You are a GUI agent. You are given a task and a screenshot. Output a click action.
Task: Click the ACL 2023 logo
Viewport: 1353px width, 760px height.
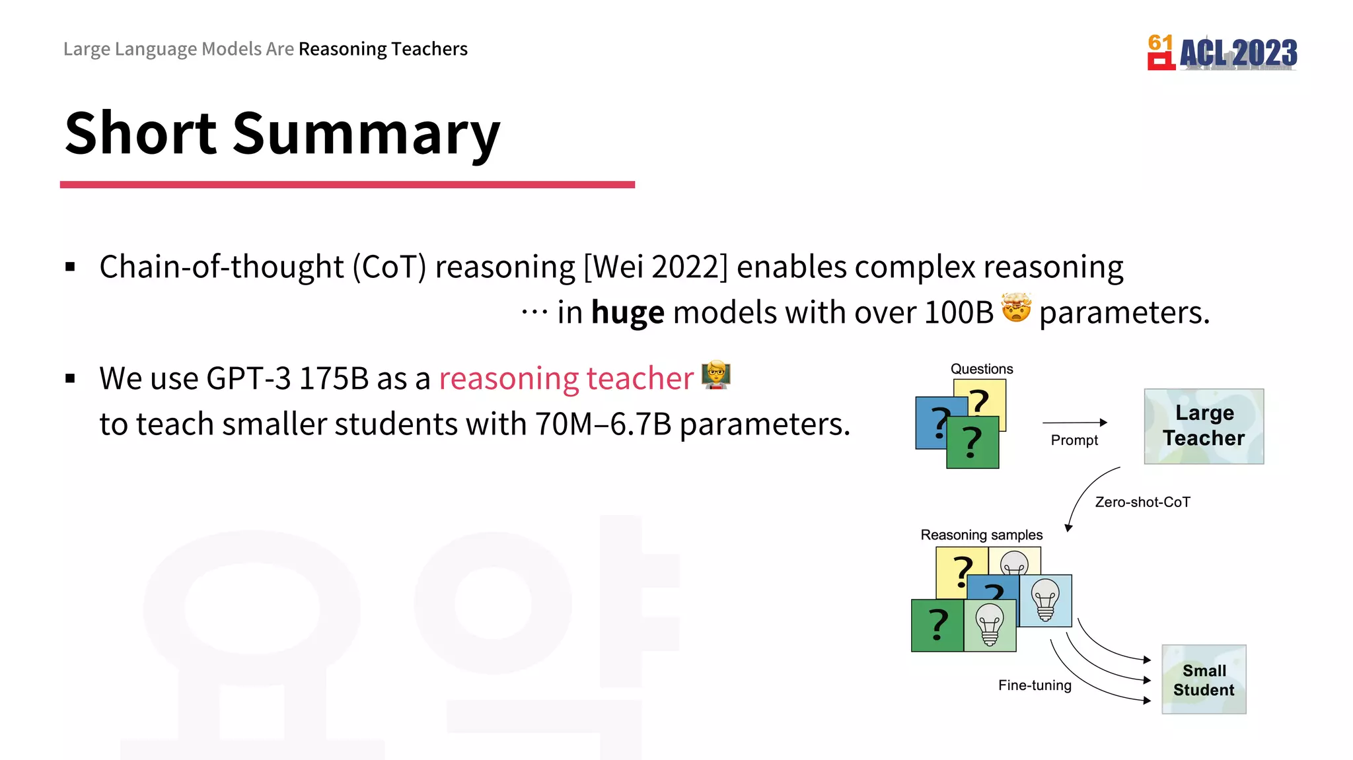click(1222, 52)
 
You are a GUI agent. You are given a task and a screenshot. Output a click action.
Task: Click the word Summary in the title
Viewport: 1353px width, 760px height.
click(366, 133)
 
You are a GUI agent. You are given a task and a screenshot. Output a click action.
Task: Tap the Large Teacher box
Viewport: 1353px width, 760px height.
click(1204, 426)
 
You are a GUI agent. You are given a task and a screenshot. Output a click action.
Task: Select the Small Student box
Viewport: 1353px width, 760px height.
click(1204, 679)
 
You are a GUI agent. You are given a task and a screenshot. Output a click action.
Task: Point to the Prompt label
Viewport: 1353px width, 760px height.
click(1074, 440)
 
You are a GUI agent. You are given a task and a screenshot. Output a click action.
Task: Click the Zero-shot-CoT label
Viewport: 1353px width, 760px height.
click(1142, 502)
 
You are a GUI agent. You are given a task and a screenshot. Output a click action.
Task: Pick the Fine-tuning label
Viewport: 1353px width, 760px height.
click(1035, 685)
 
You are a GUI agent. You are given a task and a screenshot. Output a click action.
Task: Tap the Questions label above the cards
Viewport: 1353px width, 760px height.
click(982, 369)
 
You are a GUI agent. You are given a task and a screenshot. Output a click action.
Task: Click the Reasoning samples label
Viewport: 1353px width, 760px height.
click(982, 535)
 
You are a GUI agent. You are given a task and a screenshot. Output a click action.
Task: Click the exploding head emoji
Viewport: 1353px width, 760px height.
click(1016, 308)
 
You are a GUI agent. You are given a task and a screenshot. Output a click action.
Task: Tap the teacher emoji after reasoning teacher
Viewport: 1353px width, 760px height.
click(716, 375)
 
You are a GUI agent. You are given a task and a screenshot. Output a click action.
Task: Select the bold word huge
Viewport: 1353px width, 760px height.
click(628, 312)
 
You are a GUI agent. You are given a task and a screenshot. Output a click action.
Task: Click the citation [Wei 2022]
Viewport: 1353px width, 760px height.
click(655, 267)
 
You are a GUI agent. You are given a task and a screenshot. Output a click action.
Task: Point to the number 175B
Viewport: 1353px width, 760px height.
click(334, 379)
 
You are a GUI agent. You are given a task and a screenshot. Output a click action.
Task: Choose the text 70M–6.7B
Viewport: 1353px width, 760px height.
click(603, 425)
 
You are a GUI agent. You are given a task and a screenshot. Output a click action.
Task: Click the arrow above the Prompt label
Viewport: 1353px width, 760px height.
click(1074, 423)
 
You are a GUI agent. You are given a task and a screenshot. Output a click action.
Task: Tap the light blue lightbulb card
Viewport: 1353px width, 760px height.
click(1045, 600)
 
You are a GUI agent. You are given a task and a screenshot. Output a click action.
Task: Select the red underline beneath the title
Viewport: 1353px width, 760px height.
click(347, 185)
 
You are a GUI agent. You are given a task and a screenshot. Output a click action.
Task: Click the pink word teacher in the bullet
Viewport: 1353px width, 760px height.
click(640, 379)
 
